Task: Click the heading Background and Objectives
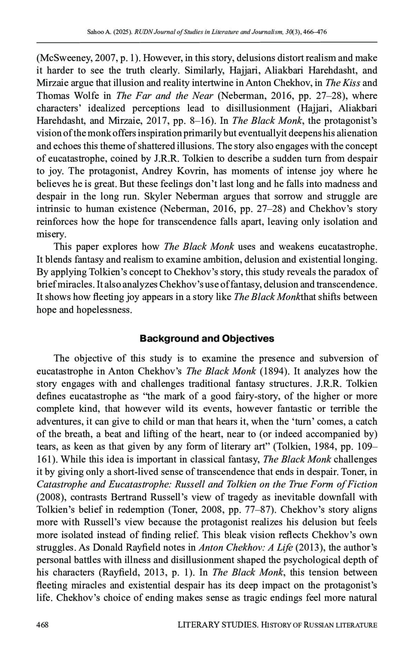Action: click(x=207, y=338)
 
